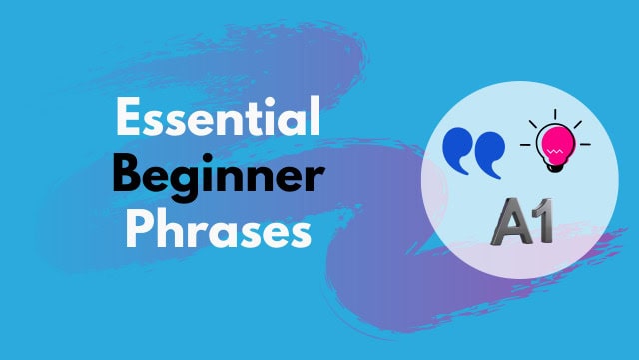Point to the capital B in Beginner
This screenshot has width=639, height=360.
coord(128,176)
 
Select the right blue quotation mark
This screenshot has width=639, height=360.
coord(489,151)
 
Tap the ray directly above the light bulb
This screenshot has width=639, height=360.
coord(556,113)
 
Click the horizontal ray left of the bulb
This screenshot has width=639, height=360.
coord(525,147)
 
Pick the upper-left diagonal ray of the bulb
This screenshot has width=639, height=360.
coord(534,124)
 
